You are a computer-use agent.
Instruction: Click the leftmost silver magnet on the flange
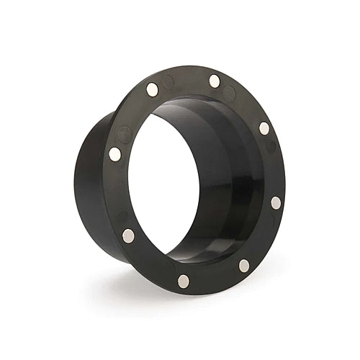pyautogui.click(x=115, y=153)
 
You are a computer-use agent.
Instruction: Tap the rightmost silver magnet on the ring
pyautogui.click(x=276, y=203)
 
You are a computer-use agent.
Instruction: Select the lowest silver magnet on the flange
pyautogui.click(x=184, y=281)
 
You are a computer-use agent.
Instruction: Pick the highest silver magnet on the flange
pyautogui.click(x=215, y=81)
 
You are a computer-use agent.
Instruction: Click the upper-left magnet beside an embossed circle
pyautogui.click(x=152, y=89)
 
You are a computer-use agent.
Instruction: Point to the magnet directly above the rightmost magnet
pyautogui.click(x=264, y=128)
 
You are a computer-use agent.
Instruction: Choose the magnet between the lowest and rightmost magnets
pyautogui.click(x=244, y=266)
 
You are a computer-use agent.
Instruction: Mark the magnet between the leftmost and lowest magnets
pyautogui.click(x=128, y=235)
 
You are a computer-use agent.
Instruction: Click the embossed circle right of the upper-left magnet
pyautogui.click(x=168, y=82)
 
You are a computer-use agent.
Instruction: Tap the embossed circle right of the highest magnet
pyautogui.click(x=229, y=93)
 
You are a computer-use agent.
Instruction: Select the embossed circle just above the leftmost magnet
pyautogui.click(x=125, y=134)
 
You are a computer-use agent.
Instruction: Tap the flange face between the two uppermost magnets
pyautogui.click(x=184, y=78)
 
